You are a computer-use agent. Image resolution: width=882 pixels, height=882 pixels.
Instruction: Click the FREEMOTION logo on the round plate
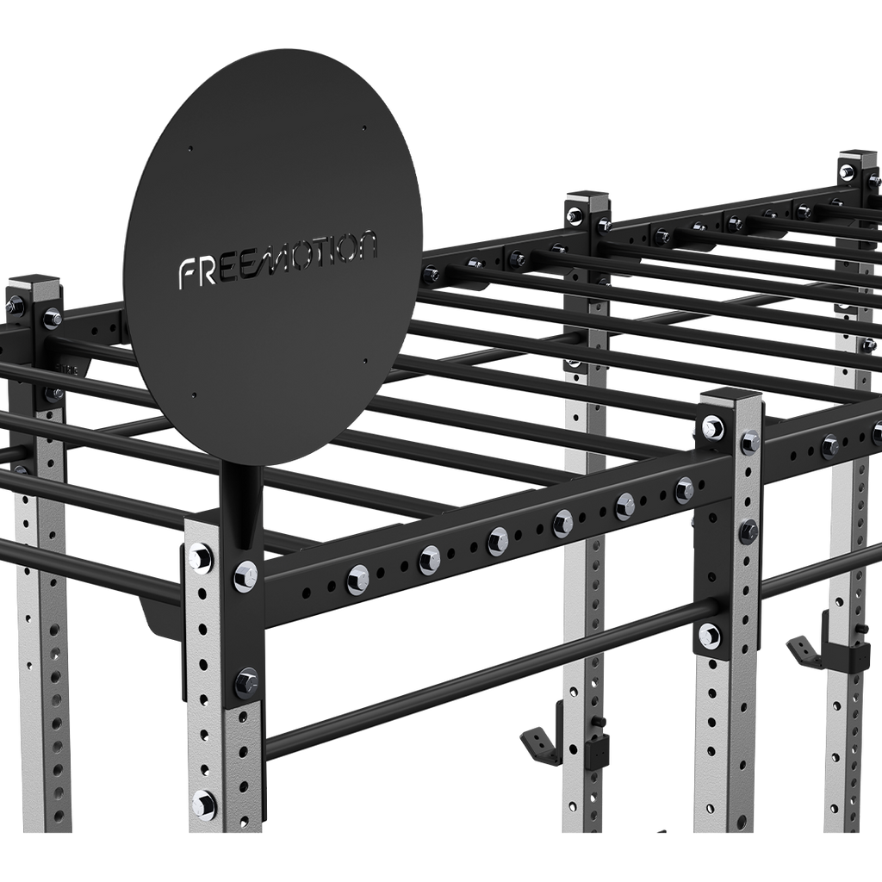pyautogui.click(x=277, y=258)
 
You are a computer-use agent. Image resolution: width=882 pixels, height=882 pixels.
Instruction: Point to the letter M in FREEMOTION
pyautogui.click(x=281, y=258)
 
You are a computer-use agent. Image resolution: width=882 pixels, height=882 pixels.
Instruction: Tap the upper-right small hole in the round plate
pyautogui.click(x=364, y=128)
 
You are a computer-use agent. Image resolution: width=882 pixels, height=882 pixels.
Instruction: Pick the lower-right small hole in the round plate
pyautogui.click(x=366, y=362)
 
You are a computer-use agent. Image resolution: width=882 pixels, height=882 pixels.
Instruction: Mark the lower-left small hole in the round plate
pyautogui.click(x=193, y=396)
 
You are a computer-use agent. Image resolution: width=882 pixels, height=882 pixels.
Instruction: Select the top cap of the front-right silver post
pyautogui.click(x=730, y=398)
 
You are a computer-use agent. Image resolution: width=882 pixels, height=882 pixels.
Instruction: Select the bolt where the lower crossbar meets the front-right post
pyautogui.click(x=709, y=637)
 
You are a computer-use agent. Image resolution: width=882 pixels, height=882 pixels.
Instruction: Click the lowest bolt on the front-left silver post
pyautogui.click(x=204, y=805)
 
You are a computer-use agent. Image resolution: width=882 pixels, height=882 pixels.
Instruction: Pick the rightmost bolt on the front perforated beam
pyautogui.click(x=685, y=490)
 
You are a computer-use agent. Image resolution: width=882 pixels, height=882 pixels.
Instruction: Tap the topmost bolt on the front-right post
pyautogui.click(x=712, y=426)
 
